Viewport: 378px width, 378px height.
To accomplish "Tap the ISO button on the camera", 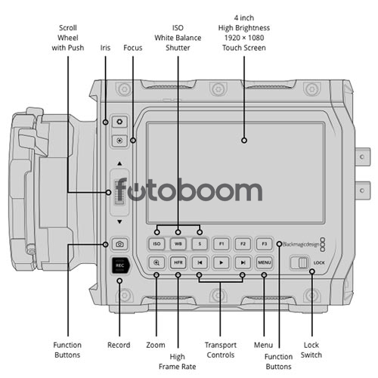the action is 156,243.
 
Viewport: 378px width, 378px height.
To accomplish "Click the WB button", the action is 178,243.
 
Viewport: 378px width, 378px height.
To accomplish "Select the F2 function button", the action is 243,243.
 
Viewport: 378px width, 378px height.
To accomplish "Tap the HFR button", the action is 178,262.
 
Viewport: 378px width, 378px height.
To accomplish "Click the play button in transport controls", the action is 221,262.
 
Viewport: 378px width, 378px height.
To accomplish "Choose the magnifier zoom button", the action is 156,262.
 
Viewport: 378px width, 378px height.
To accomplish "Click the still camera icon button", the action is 119,244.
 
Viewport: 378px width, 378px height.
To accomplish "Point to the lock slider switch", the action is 299,263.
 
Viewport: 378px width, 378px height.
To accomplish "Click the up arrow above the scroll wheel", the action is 119,163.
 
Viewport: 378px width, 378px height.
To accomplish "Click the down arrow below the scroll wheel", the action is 119,222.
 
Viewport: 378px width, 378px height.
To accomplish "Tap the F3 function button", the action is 264,243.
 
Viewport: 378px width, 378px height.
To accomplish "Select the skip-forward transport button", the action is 243,262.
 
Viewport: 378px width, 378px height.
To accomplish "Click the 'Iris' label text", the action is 105,48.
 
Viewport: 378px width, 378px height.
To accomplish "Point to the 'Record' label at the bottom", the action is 119,345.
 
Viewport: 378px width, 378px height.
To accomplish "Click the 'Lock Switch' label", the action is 311,350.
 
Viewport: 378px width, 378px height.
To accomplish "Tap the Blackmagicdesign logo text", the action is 301,244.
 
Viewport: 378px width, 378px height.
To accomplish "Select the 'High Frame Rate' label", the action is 178,361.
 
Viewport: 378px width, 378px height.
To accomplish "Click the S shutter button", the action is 200,243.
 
